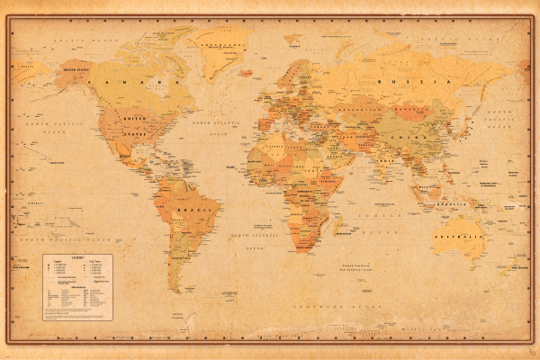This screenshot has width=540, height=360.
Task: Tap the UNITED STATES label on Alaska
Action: click(76, 67)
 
